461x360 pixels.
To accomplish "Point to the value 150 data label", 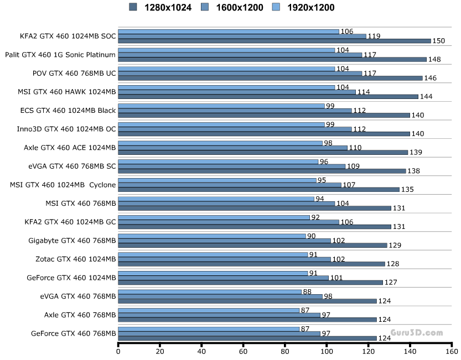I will pyautogui.click(x=439, y=41).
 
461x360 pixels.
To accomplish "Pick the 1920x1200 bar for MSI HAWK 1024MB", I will pyautogui.click(x=226, y=87).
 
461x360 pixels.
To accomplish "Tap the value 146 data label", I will pyautogui.click(x=431, y=78).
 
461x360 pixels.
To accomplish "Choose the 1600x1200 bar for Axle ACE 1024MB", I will pyautogui.click(x=233, y=148).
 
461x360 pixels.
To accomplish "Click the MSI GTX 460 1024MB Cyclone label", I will pyautogui.click(x=63, y=184).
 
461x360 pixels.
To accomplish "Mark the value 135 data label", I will pyautogui.click(x=407, y=189).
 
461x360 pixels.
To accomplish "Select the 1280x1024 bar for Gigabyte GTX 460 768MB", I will pyautogui.click(x=252, y=245).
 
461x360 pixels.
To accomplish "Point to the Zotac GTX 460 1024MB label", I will pyautogui.click(x=72, y=258).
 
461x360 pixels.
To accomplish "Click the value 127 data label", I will pyautogui.click(x=391, y=282).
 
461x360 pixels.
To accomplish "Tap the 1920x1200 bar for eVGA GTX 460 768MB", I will pyautogui.click(x=210, y=291).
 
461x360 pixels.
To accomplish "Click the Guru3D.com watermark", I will pyautogui.click(x=417, y=333).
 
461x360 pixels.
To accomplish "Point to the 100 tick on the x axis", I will pyautogui.click(x=327, y=351).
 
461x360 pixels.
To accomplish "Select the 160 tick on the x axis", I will pyautogui.click(x=452, y=351).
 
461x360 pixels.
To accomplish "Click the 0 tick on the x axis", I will pyautogui.click(x=118, y=351).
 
